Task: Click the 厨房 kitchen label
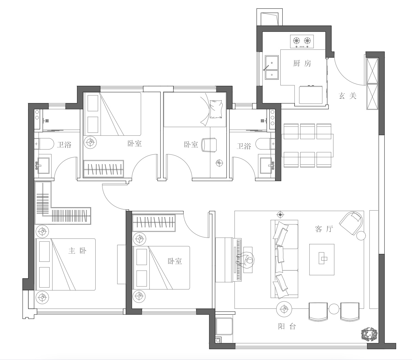point(302,64)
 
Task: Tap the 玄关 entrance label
point(348,96)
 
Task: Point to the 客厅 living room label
point(324,229)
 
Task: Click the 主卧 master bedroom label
point(78,251)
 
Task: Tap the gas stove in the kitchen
point(302,42)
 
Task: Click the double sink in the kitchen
point(272,67)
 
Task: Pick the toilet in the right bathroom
point(265,144)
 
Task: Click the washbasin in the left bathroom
point(43,166)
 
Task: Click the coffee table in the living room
point(322,260)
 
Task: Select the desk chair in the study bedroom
point(209,145)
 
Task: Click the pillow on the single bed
point(216,109)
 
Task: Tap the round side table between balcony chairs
point(334,309)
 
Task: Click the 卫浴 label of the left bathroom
point(64,145)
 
